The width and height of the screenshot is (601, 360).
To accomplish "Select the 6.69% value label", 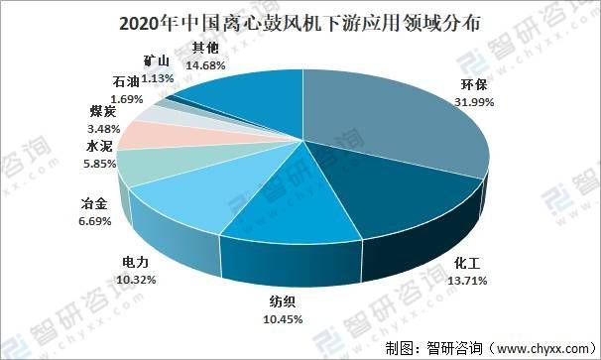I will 98,219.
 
